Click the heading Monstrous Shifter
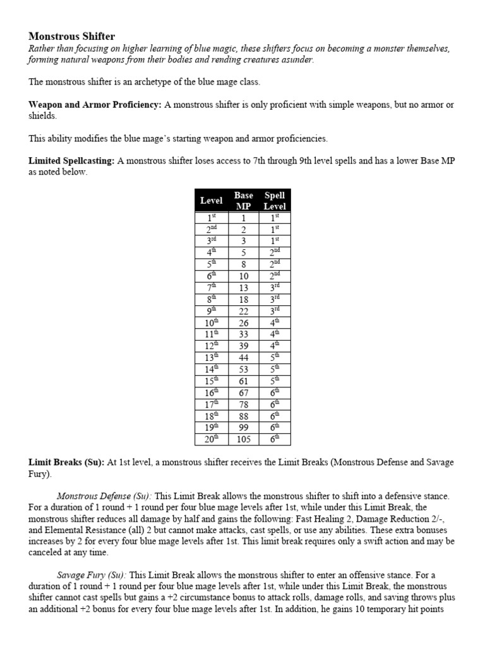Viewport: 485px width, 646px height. click(71, 37)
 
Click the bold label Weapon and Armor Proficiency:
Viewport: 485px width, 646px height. click(95, 105)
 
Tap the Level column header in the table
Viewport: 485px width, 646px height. click(211, 201)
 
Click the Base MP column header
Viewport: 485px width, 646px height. click(243, 201)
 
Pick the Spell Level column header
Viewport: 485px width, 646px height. click(275, 201)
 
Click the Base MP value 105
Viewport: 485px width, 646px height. click(243, 439)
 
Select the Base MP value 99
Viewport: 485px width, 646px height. click(243, 428)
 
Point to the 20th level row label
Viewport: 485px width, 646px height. click(211, 439)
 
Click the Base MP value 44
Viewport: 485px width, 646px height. click(243, 356)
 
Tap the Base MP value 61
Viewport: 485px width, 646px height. click(243, 380)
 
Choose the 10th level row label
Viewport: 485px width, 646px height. click(211, 322)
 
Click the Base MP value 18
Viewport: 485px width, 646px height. click(243, 299)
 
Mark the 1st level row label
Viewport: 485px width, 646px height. click(211, 218)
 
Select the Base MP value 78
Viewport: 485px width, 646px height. click(243, 404)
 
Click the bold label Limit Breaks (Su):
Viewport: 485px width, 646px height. click(66, 462)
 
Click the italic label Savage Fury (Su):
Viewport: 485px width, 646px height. click(92, 575)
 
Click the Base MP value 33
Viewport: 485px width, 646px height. click(243, 334)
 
